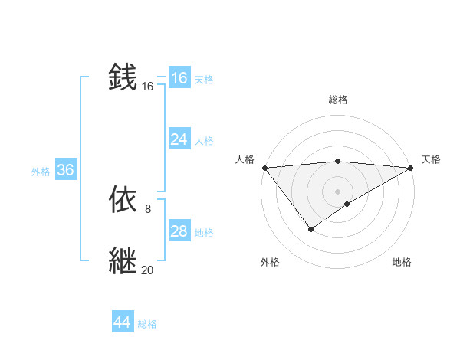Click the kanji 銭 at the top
pos(123,77)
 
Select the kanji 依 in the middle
pos(123,200)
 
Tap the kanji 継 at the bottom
pos(123,260)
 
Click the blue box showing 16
pos(179,78)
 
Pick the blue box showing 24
pos(179,139)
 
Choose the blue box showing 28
pos(179,231)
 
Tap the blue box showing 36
pos(65,170)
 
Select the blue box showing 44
pos(123,322)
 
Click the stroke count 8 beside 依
pos(147,208)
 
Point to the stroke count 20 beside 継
pos(147,269)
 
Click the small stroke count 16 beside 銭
pos(147,87)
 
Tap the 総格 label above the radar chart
pos(337,100)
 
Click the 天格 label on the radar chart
pos(431,159)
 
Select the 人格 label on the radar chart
pos(245,159)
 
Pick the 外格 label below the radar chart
pos(270,262)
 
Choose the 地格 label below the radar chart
pos(402,262)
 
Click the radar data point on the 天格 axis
pos(411,167)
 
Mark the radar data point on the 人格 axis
pos(264,167)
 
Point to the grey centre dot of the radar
pos(337,190)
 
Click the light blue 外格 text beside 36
pos(41,172)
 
